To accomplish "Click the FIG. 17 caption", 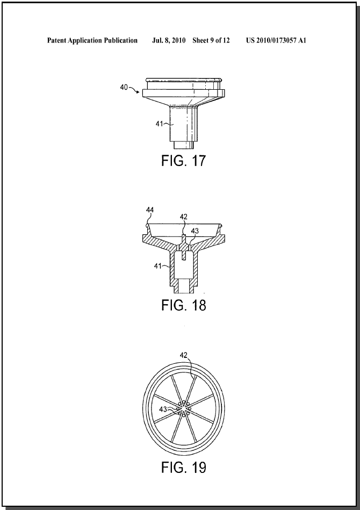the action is point(184,161).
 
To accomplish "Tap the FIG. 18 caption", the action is point(184,305).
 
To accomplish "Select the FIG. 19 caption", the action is point(184,468).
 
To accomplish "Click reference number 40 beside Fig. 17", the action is point(124,87).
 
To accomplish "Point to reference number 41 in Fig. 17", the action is point(159,124).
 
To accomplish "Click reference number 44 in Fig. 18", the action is point(150,210).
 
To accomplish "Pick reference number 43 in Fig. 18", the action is point(195,231).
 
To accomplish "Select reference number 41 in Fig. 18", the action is point(158,265).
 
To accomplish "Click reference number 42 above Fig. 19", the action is point(184,355).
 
